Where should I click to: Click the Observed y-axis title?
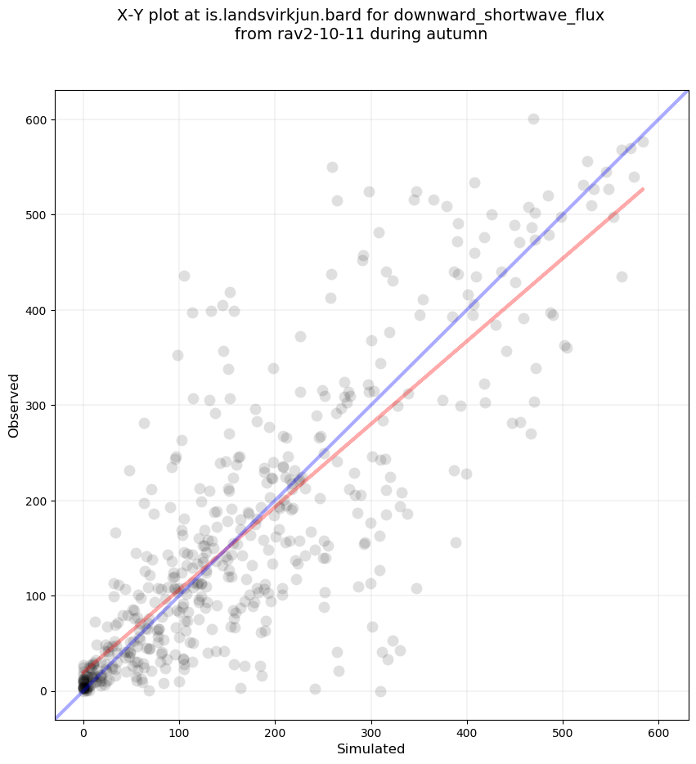pos(15,406)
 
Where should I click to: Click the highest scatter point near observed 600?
pos(533,119)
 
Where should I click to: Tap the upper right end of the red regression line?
pos(643,189)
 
